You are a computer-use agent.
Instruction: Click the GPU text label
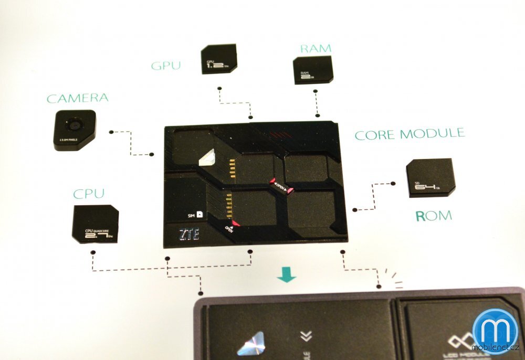166,66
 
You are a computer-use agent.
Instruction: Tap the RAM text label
316,49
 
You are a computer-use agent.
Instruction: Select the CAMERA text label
77,98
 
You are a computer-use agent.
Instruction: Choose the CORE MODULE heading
409,134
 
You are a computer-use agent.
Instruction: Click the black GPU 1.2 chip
218,59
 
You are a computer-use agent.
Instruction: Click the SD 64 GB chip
430,178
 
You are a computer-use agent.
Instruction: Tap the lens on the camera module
74,125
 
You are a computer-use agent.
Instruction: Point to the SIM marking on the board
196,215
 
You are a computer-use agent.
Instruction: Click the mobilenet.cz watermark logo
495,331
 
